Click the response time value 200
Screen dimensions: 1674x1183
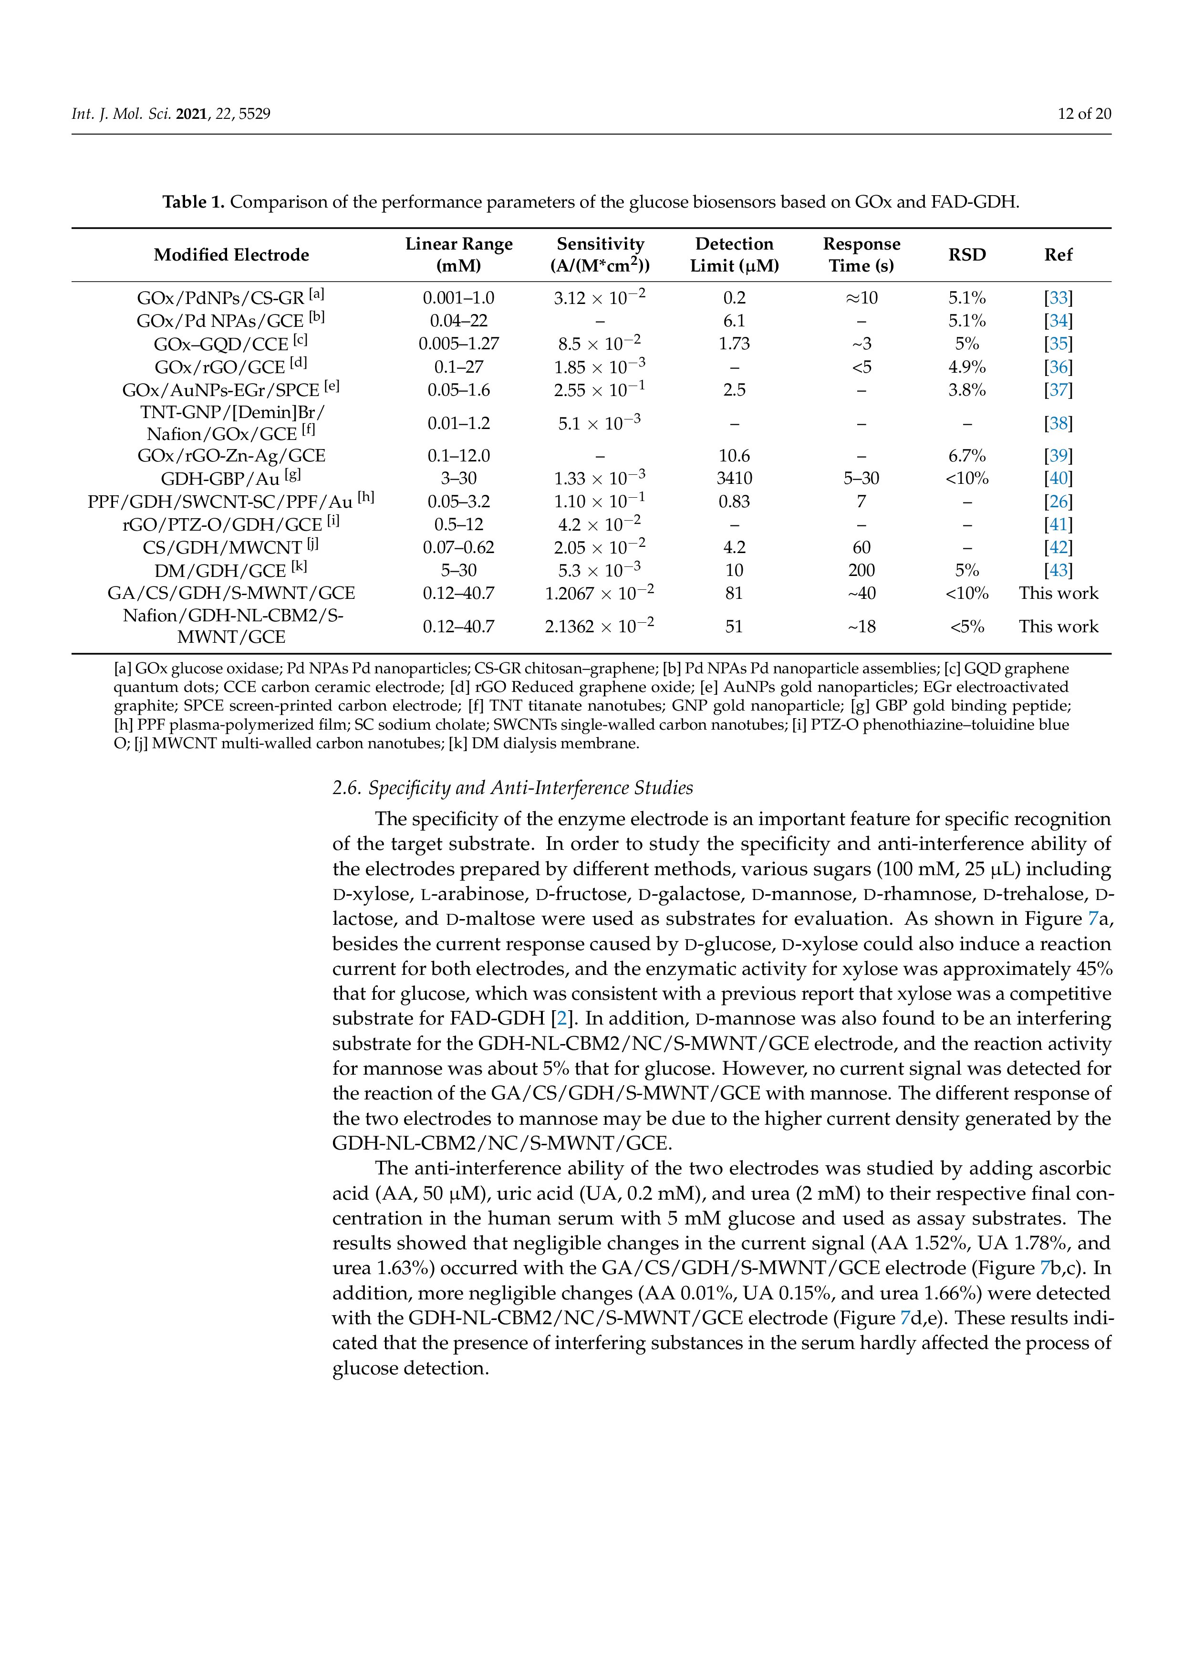pos(861,571)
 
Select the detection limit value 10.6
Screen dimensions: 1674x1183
pos(734,456)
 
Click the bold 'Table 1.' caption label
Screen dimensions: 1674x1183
pos(193,202)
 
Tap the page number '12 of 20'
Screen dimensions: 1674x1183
pos(1084,114)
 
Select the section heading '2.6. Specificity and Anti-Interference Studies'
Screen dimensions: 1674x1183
pos(512,788)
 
